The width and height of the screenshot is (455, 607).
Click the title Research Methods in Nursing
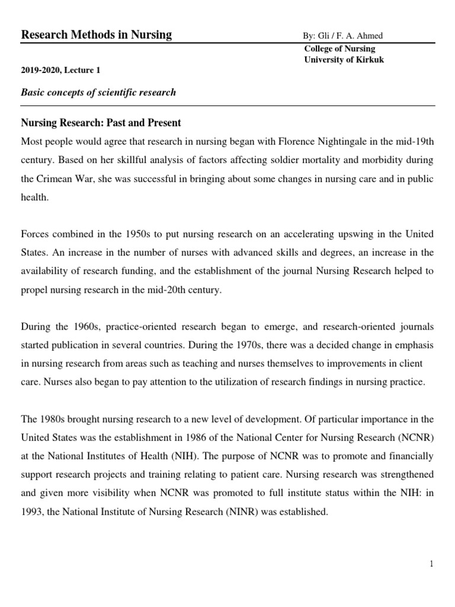click(97, 35)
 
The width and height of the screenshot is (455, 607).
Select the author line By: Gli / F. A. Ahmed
click(343, 36)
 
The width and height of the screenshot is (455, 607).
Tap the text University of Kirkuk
click(344, 60)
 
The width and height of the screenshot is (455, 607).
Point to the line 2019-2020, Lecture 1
click(61, 70)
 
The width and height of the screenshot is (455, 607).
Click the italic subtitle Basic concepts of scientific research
click(98, 93)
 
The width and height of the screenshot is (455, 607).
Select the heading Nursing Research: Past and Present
click(101, 123)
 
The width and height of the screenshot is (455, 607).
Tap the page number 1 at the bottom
click(432, 564)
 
